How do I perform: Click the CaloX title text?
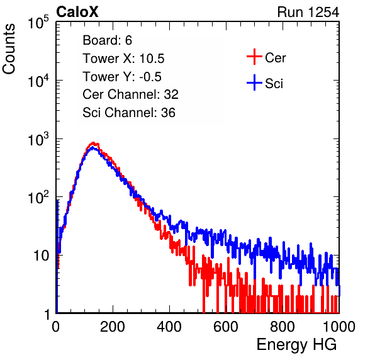point(77,12)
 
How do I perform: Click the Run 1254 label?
point(308,12)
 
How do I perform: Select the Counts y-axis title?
point(9,49)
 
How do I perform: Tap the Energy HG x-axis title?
point(296,345)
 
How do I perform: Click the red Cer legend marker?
point(254,57)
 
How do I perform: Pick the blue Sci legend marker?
point(254,83)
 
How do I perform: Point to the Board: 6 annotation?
point(107,40)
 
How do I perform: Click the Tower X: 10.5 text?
point(123,59)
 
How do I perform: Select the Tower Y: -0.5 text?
point(122,77)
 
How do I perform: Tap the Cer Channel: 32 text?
point(130,94)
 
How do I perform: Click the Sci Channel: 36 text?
point(129,113)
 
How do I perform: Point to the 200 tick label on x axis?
point(113,327)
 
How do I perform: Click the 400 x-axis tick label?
point(169,327)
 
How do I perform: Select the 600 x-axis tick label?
point(226,327)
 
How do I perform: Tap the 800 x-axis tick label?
point(283,327)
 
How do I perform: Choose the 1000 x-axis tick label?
point(339,327)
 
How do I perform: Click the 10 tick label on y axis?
point(41,256)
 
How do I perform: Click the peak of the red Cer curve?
point(94,143)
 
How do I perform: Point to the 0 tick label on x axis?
point(55,327)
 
